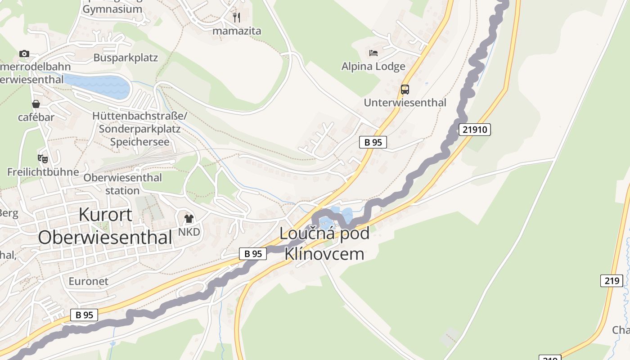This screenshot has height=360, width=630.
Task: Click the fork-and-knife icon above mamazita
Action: click(x=237, y=18)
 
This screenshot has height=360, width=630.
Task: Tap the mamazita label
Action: click(x=237, y=31)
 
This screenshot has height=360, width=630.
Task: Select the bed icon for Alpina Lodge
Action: click(x=373, y=53)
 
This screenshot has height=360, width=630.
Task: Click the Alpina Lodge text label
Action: click(x=373, y=67)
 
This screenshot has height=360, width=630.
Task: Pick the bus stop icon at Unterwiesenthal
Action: click(x=405, y=89)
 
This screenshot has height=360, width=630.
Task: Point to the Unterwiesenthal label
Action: click(x=405, y=103)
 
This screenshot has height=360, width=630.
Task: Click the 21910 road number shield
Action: click(x=475, y=130)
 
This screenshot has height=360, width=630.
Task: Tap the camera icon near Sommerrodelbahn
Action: click(x=24, y=54)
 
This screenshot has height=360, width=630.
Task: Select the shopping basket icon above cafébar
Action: click(x=36, y=104)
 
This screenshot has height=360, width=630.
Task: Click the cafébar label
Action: click(x=36, y=117)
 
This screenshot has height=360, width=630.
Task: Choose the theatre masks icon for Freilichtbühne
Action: click(x=43, y=158)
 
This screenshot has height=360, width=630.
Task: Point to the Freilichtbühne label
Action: click(x=43, y=172)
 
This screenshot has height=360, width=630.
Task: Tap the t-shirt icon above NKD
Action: click(x=189, y=219)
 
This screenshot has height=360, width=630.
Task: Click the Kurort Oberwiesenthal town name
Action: click(x=105, y=226)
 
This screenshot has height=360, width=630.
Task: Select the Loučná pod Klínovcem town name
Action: click(x=324, y=243)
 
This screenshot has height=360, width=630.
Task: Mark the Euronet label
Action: click(x=89, y=281)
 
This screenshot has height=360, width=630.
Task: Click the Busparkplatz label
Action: click(x=126, y=58)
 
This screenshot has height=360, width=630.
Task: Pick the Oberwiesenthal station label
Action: click(x=122, y=184)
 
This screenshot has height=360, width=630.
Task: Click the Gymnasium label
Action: click(x=112, y=9)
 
